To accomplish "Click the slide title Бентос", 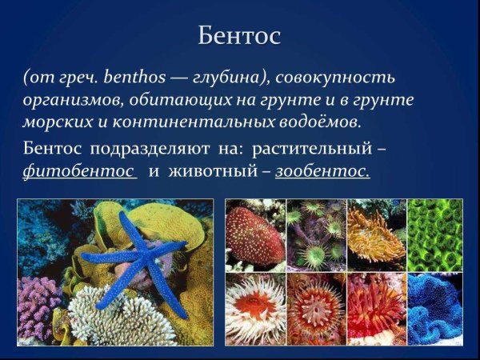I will click(240, 36).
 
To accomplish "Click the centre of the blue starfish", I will click(133, 254).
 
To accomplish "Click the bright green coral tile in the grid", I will click(435, 235).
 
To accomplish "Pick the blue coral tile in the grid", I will click(435, 308).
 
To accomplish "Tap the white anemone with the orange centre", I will click(254, 308).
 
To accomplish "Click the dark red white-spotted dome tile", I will click(254, 235).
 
